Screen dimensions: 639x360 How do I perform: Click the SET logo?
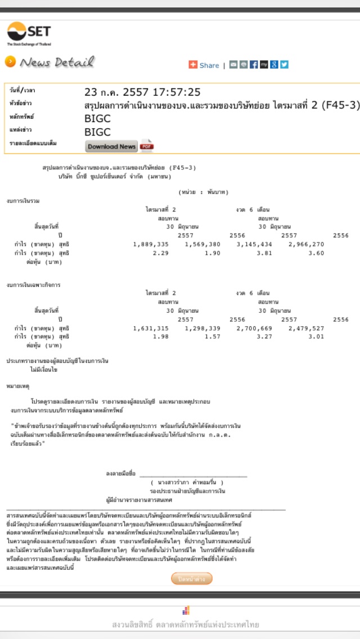[30, 33]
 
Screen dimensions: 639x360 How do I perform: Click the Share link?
[209, 65]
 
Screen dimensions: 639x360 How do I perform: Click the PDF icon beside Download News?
[147, 146]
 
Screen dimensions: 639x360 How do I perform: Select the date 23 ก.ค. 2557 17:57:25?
[142, 92]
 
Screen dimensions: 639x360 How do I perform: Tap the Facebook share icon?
[254, 65]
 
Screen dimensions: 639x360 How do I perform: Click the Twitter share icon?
[285, 65]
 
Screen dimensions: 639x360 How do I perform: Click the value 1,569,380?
[202, 244]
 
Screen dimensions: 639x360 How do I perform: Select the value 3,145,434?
[254, 244]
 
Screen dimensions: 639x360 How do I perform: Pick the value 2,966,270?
[306, 244]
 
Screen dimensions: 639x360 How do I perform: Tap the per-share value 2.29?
[161, 253]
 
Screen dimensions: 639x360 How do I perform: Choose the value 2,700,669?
[254, 328]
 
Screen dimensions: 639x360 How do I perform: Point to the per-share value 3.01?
[316, 336]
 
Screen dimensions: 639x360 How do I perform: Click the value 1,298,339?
[202, 328]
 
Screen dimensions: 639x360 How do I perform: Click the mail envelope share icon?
[233, 65]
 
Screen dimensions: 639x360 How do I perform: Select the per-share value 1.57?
[213, 336]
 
